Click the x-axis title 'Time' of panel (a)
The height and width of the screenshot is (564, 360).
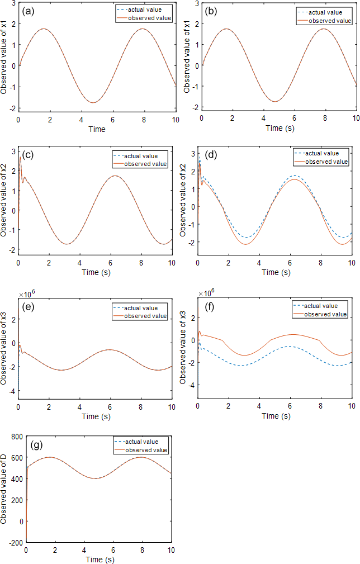point(96,129)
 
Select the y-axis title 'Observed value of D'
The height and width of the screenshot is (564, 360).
point(4,489)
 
